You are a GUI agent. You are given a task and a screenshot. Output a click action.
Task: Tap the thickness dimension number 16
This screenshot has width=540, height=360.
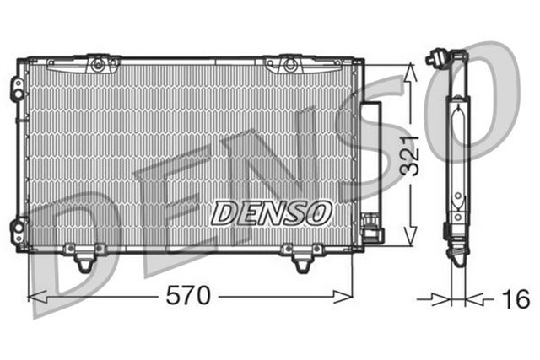tap(515, 298)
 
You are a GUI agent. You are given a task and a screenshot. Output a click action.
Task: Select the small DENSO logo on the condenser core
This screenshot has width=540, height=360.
tap(272, 212)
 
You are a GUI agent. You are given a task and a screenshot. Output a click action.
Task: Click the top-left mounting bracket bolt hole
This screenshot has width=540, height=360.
tap(99, 63)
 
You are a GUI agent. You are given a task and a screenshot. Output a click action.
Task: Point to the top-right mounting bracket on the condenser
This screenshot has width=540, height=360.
tap(290, 63)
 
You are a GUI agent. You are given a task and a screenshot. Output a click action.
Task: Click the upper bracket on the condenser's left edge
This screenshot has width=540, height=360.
tap(16, 89)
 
